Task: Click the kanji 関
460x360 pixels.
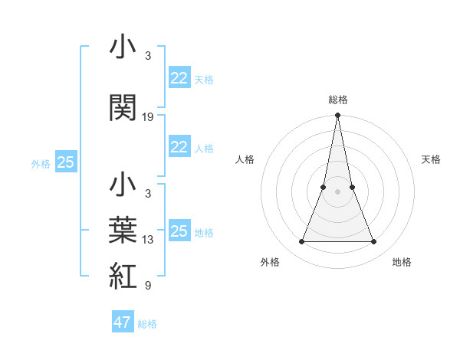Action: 123,109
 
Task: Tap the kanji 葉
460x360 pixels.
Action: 123,231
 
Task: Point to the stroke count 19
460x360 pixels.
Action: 148,117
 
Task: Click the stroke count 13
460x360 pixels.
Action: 148,240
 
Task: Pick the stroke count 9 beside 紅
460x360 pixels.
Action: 148,286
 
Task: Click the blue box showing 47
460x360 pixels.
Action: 123,322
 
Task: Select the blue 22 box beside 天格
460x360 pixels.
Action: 179,78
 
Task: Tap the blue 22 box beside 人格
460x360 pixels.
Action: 179,147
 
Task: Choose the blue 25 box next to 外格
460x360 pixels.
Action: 65,162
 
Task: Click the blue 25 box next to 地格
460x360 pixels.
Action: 179,231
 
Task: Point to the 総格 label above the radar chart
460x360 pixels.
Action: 338,100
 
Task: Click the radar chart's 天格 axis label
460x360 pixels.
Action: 432,159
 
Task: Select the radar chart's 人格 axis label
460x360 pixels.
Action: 245,159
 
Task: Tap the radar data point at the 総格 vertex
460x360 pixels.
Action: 337,116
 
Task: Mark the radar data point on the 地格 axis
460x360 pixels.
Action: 374,242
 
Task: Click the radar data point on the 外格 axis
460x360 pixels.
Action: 301,242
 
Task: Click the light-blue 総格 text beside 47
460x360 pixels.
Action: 147,324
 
